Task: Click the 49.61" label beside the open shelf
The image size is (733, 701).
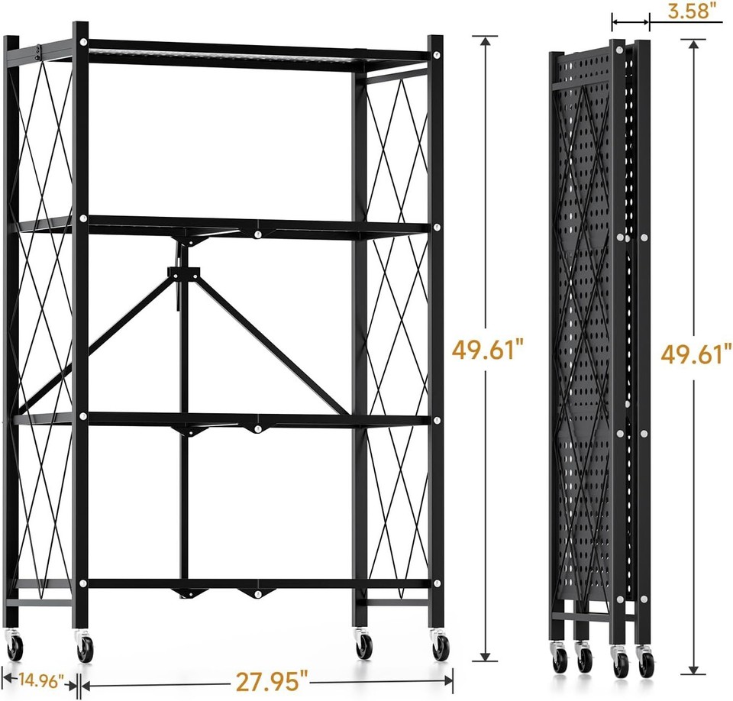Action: (x=488, y=350)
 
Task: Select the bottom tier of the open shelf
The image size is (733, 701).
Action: (x=256, y=584)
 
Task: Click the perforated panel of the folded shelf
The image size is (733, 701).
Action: (x=584, y=344)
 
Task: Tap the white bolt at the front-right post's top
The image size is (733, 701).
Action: (x=435, y=55)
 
